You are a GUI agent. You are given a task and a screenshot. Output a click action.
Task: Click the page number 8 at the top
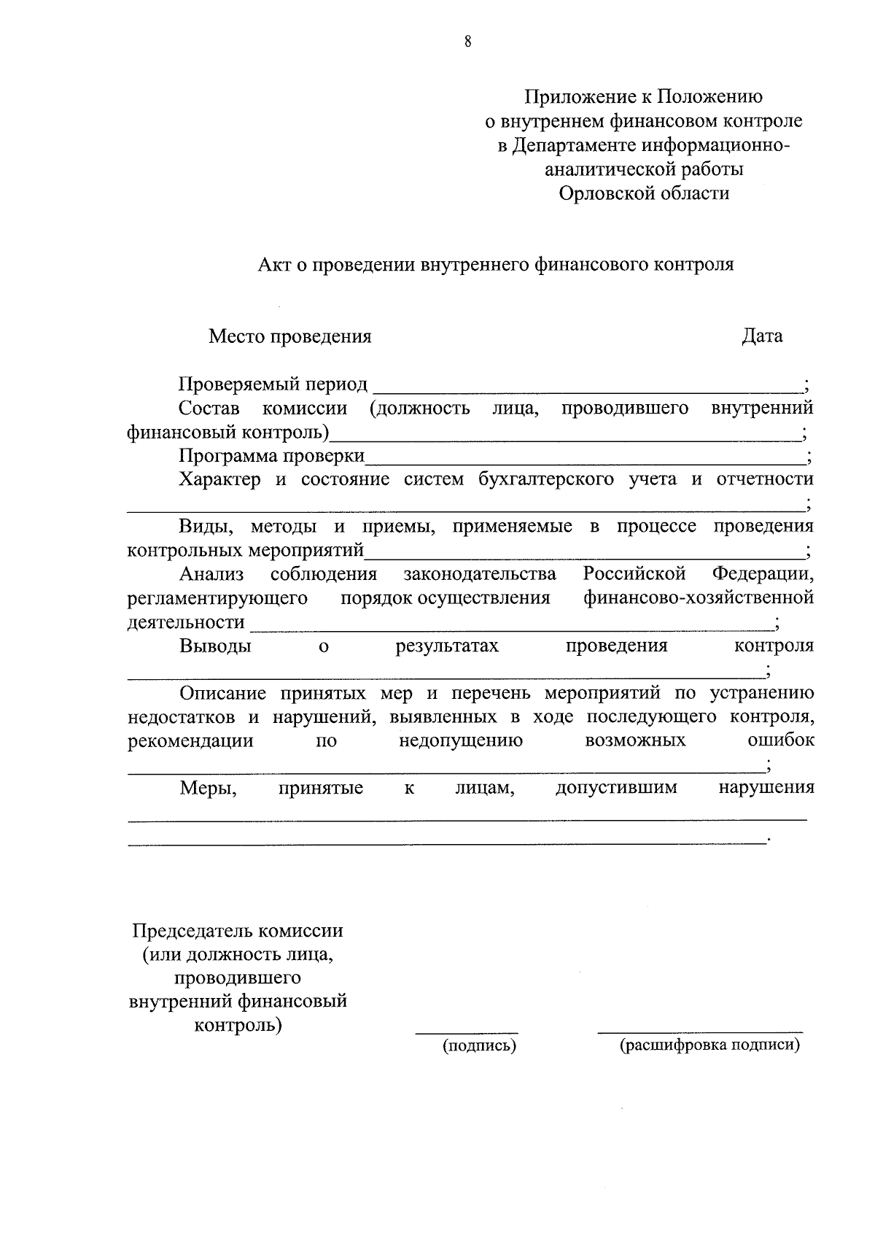click(x=467, y=42)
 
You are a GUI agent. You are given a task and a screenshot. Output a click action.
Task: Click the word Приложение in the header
click(x=588, y=96)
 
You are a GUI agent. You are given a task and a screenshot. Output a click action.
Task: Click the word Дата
click(x=762, y=336)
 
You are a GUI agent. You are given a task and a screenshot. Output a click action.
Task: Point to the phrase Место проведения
click(x=289, y=336)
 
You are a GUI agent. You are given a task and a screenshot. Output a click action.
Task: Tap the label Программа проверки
click(x=272, y=457)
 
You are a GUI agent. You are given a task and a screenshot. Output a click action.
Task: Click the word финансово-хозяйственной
click(x=698, y=598)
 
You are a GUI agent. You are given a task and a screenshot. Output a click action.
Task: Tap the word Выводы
click(x=215, y=646)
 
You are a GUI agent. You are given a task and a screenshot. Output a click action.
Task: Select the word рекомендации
click(x=190, y=741)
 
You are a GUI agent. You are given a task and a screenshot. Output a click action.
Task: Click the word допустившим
click(x=616, y=788)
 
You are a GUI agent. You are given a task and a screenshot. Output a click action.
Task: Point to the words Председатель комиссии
click(x=237, y=932)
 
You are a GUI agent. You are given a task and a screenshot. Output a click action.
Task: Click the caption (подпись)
click(x=479, y=1046)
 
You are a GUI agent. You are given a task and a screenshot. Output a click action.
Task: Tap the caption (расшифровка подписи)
click(x=709, y=1045)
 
